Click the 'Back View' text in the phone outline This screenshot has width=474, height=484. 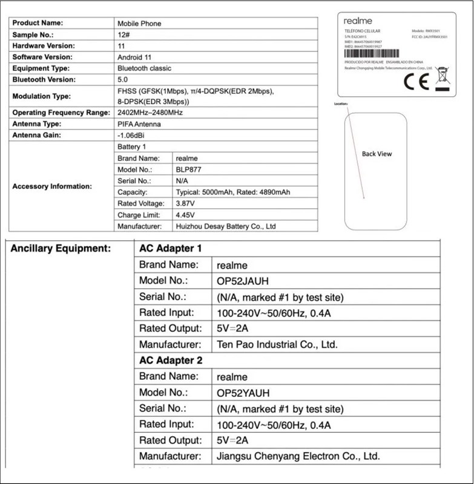(377, 154)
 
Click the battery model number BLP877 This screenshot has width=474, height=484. (189, 170)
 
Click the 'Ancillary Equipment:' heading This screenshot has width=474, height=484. (61, 248)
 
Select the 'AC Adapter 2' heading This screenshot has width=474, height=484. (171, 360)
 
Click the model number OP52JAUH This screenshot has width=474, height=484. (243, 281)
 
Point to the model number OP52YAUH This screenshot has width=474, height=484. (243, 392)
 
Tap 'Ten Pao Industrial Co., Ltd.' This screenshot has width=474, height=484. (277, 345)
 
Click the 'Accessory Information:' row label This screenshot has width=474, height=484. (52, 186)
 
